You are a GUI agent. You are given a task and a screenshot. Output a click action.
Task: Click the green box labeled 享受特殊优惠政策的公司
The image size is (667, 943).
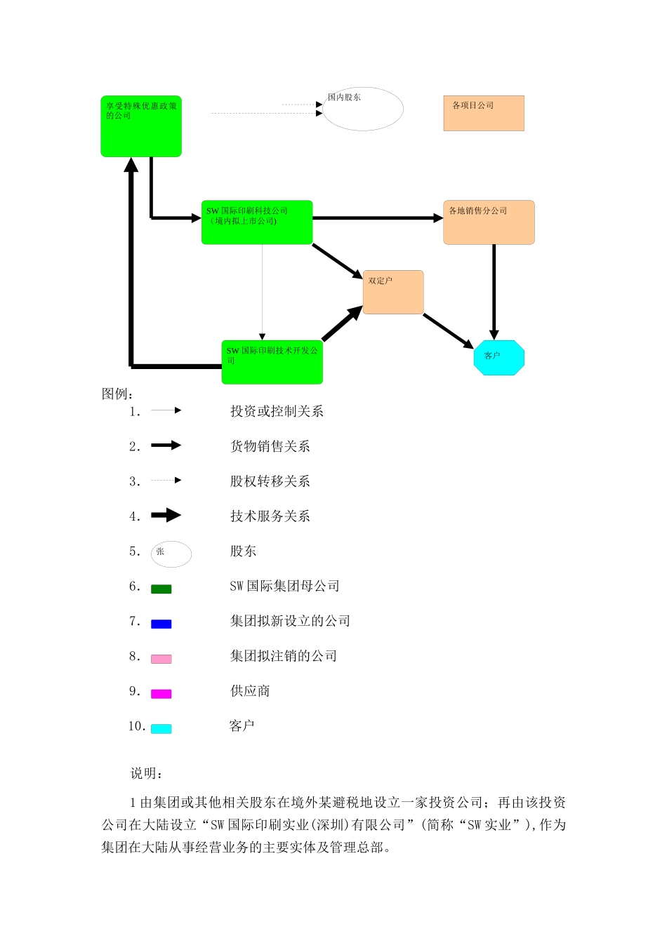tap(141, 126)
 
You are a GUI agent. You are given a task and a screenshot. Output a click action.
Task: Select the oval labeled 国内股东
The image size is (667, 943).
tap(362, 109)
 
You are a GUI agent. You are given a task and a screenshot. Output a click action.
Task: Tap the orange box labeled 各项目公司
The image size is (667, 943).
tap(484, 113)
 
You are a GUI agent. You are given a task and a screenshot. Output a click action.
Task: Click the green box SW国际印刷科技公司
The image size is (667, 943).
tap(257, 222)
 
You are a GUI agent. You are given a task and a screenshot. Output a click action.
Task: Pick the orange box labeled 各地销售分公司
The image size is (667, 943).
tap(489, 222)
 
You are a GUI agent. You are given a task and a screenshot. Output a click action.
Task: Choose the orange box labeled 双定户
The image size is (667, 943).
tap(393, 292)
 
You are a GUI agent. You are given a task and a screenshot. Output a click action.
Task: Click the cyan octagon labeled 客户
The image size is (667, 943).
tap(499, 358)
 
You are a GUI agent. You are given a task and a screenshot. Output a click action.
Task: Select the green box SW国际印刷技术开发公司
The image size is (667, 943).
tap(272, 362)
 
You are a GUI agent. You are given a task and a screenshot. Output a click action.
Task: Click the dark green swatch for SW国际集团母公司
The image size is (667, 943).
tap(161, 589)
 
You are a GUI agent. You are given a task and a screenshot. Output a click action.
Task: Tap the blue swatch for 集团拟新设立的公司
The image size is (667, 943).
tap(161, 624)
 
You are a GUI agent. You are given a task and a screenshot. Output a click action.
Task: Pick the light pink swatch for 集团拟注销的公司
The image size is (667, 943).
tap(161, 659)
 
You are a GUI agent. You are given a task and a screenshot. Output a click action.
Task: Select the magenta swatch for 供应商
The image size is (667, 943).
tap(161, 694)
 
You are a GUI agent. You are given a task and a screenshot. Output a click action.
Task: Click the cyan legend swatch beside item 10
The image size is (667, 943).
tap(161, 729)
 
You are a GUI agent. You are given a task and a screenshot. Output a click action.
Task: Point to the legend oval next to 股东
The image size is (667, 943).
tap(171, 554)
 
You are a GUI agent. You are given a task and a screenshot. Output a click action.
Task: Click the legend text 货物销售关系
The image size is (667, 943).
tap(270, 446)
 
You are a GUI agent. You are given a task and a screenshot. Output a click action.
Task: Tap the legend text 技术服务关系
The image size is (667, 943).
tap(270, 516)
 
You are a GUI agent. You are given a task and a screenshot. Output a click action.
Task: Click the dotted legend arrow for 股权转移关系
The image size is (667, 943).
tap(166, 481)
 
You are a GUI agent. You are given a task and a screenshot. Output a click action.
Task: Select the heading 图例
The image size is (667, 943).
tap(117, 394)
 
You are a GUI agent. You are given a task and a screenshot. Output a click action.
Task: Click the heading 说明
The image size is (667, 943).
tap(147, 773)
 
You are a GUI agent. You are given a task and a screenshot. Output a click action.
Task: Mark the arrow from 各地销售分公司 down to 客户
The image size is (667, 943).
tap(494, 291)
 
